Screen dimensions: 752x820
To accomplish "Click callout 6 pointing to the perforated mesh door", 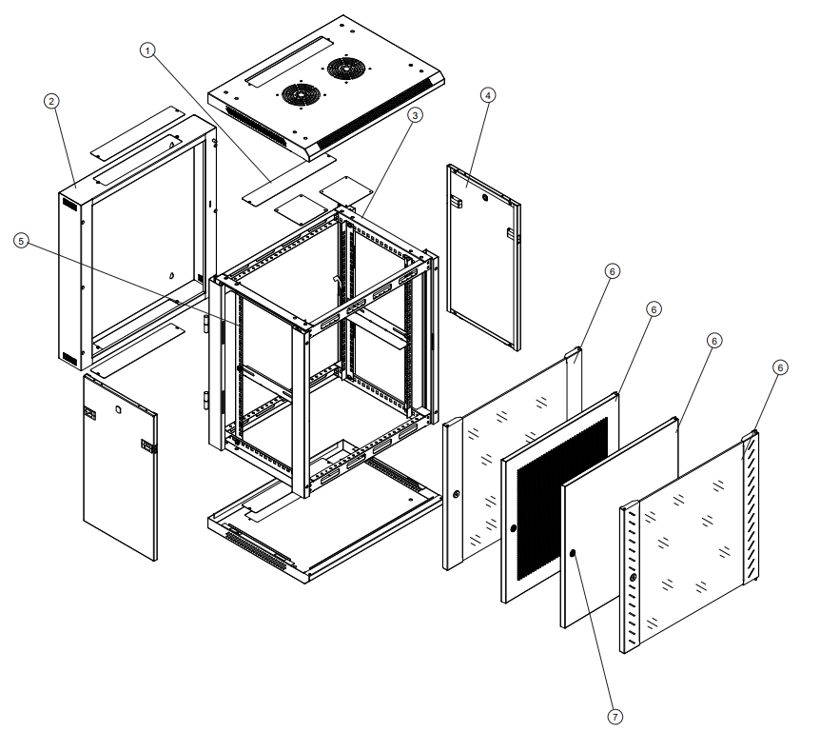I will [654, 309].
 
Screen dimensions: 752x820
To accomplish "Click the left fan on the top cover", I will [301, 94].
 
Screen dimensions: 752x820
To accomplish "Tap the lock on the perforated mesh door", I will [514, 528].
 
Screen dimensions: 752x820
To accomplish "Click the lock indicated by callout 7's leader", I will [573, 553].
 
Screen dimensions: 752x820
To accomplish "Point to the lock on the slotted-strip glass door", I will [631, 580].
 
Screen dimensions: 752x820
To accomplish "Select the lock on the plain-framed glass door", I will [457, 495].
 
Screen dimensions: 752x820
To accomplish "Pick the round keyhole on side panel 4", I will [485, 199].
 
